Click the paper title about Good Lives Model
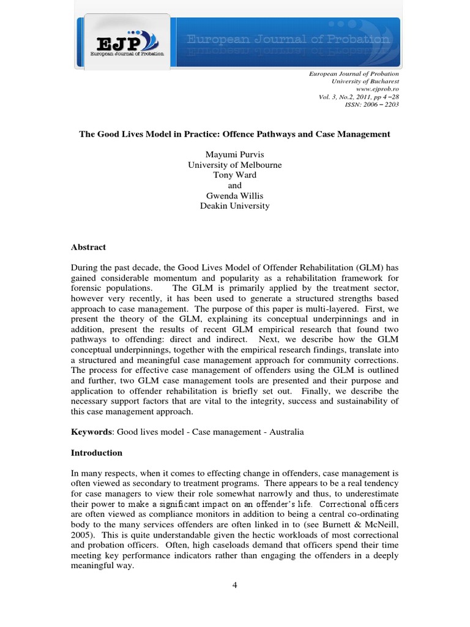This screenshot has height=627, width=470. click(234, 134)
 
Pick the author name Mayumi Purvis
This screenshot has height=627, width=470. click(234, 154)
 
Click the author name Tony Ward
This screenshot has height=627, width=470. click(234, 175)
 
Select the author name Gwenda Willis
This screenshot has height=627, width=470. click(234, 195)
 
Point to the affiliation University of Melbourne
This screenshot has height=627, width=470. click(234, 165)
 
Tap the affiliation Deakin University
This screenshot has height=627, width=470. click(234, 206)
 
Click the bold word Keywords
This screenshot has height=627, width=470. click(91, 432)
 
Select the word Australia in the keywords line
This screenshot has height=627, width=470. click(284, 432)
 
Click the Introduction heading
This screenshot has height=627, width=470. click(97, 453)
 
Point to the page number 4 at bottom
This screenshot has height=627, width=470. click(234, 585)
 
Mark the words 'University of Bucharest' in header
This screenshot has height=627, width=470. click(365, 80)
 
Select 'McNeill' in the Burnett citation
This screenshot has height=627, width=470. click(379, 516)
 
